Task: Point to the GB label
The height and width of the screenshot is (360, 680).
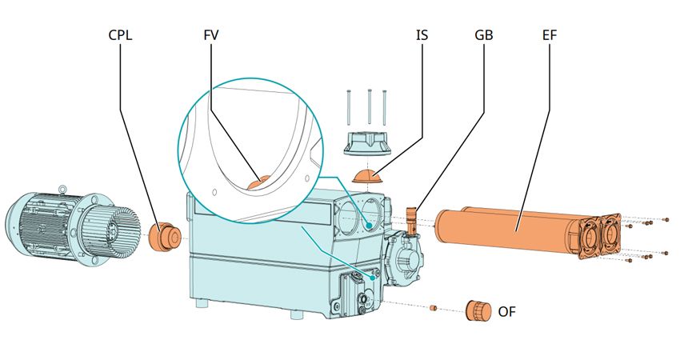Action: coord(484,36)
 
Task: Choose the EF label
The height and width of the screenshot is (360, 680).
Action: coord(550,36)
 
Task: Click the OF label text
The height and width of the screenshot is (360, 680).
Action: coord(506,310)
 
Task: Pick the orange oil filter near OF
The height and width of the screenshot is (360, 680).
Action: coord(478,310)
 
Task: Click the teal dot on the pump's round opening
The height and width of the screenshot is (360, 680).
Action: coord(369,226)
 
